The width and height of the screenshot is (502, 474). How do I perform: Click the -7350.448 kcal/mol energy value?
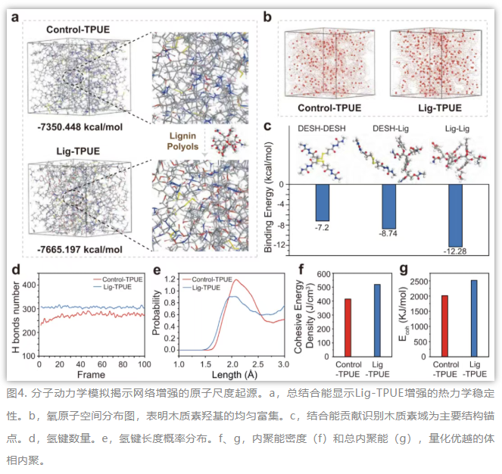click(80, 127)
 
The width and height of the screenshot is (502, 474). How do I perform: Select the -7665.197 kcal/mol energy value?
click(80, 249)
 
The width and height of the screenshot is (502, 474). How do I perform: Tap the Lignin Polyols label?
click(182, 142)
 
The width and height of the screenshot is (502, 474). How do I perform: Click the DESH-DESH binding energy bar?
click(323, 203)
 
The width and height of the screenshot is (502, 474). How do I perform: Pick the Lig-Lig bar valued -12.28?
click(455, 216)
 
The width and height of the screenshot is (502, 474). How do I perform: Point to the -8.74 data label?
click(388, 233)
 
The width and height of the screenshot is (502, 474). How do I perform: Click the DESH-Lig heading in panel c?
click(391, 129)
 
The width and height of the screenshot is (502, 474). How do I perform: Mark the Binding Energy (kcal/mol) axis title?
click(268, 197)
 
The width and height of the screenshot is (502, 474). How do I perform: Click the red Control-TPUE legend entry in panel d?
click(118, 279)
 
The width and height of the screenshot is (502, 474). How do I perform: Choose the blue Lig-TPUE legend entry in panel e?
click(201, 288)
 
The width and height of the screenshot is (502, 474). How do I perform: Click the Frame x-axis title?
click(92, 375)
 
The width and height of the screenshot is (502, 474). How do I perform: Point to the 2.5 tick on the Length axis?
click(257, 364)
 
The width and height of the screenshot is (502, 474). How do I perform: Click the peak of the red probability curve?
click(236, 279)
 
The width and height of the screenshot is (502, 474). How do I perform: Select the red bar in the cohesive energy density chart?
click(348, 328)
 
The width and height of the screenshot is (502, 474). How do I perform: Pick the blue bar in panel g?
click(474, 318)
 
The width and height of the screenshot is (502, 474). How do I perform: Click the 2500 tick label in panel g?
click(419, 282)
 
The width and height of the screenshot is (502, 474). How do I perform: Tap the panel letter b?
click(267, 17)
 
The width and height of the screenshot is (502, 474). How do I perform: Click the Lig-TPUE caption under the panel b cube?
click(440, 108)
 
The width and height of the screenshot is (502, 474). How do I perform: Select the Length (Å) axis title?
click(235, 375)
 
